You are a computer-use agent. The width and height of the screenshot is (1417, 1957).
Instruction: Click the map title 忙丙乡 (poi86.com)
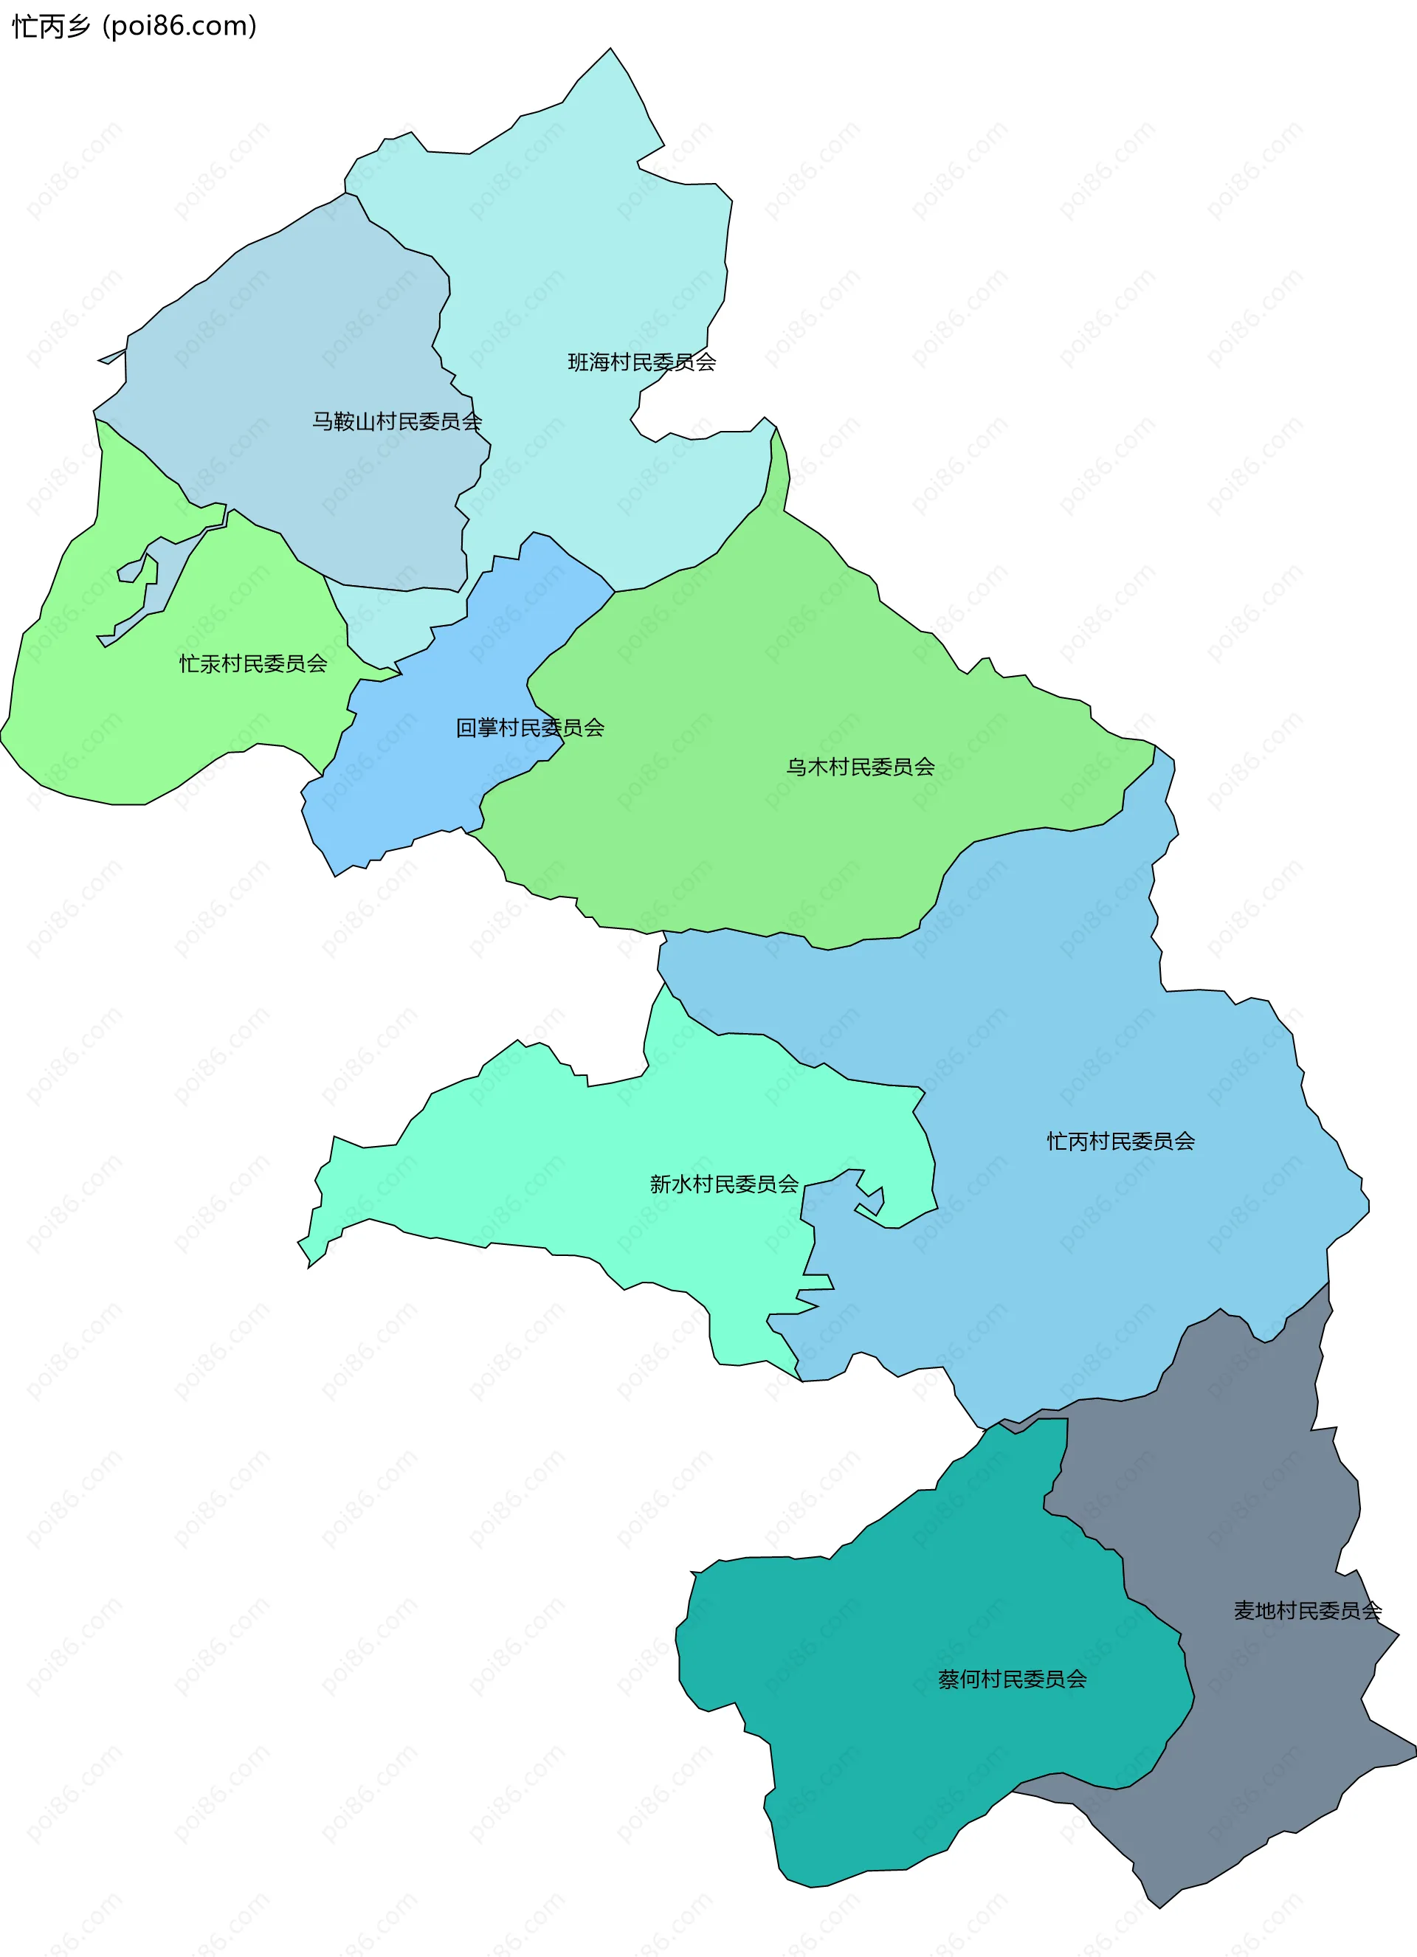[134, 26]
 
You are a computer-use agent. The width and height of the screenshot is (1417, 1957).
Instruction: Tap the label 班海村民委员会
[641, 362]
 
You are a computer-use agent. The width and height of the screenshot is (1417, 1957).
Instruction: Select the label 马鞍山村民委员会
[397, 421]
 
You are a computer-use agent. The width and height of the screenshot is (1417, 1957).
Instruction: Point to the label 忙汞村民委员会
[253, 663]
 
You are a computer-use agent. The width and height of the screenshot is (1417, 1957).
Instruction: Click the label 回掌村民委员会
[530, 728]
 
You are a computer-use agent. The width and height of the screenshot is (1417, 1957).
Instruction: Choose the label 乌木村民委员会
[861, 766]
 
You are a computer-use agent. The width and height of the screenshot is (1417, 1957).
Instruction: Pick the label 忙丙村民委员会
[1121, 1141]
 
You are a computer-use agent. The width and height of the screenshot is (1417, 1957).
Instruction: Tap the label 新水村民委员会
[724, 1184]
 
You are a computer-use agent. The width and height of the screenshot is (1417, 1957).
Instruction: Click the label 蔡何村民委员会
[1013, 1679]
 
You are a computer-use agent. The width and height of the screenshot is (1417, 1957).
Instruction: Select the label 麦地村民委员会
[1307, 1610]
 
